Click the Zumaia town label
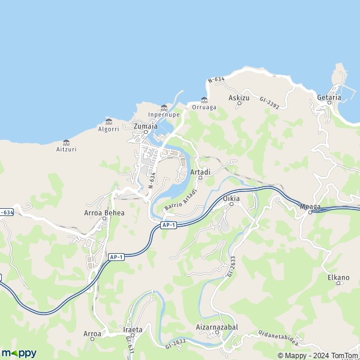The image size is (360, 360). (146, 126)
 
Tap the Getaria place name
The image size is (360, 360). (329, 97)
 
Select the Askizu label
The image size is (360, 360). (239, 97)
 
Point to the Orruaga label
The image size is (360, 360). (204, 107)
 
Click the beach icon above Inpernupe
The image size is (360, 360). (164, 107)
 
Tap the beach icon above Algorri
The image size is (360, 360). (109, 121)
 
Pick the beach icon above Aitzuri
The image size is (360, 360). (66, 142)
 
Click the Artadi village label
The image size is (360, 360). (200, 172)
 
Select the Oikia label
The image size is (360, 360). (231, 198)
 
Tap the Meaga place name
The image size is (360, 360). (310, 208)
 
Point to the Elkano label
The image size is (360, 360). (338, 277)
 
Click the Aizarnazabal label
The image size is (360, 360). (217, 327)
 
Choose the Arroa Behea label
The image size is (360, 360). (104, 212)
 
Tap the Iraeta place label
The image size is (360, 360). (133, 329)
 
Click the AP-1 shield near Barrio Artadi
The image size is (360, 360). (169, 225)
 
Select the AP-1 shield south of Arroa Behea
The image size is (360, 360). (116, 257)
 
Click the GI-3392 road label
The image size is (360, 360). (269, 104)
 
